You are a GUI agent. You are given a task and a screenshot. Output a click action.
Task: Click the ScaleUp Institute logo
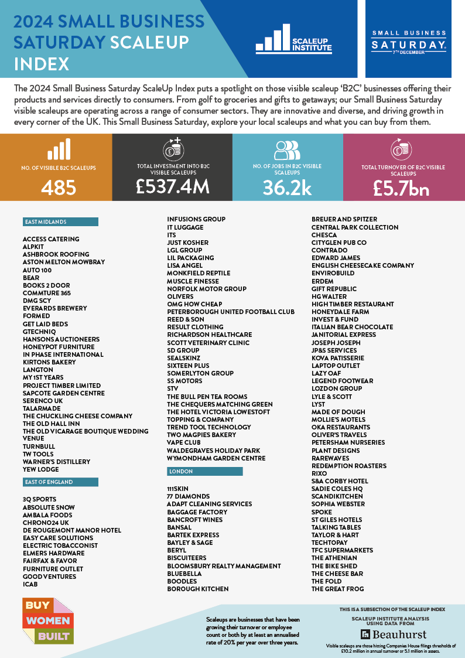(285, 39)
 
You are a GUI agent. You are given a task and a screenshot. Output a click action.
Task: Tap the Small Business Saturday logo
(408, 41)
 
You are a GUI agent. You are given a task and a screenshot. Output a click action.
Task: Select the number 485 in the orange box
(59, 187)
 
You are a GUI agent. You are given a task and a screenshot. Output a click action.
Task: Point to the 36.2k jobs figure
(287, 187)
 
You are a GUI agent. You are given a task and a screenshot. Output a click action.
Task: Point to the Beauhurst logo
(394, 635)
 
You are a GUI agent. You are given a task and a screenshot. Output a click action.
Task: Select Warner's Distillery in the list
(57, 462)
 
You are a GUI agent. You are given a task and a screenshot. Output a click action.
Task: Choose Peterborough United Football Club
(231, 312)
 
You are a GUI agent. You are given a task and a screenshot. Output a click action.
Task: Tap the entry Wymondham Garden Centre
(216, 458)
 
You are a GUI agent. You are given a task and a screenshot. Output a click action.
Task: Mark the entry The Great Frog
(337, 589)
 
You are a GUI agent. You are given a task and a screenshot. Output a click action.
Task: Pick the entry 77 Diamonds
(188, 496)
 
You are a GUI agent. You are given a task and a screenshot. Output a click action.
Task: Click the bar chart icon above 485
(59, 149)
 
